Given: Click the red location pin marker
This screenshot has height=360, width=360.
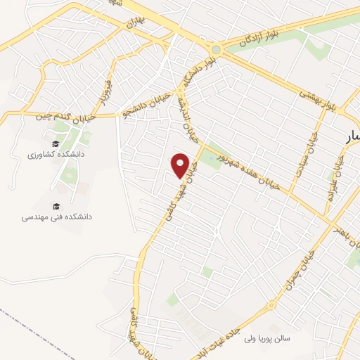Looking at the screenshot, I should click(x=181, y=165).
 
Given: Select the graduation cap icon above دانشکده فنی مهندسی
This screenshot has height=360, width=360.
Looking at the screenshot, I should click(x=56, y=206).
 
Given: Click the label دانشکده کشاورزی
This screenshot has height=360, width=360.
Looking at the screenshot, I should click(x=56, y=153).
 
